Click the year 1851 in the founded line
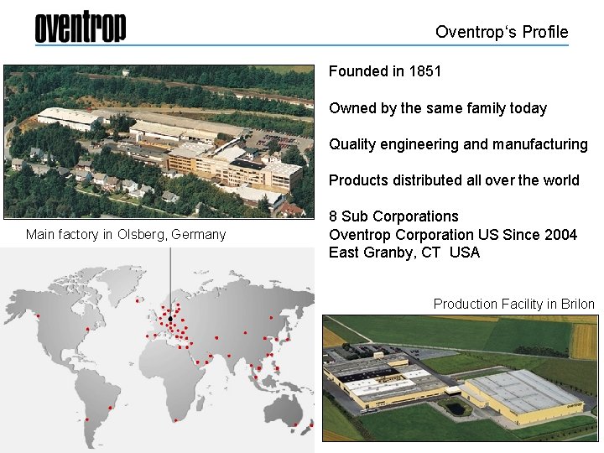tap(424, 71)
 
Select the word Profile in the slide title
tap(544, 33)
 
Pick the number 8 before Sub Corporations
tap(334, 216)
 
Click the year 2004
tap(560, 235)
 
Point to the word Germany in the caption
tap(198, 235)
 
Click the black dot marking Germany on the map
tap(170, 320)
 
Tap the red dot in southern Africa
tap(174, 419)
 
